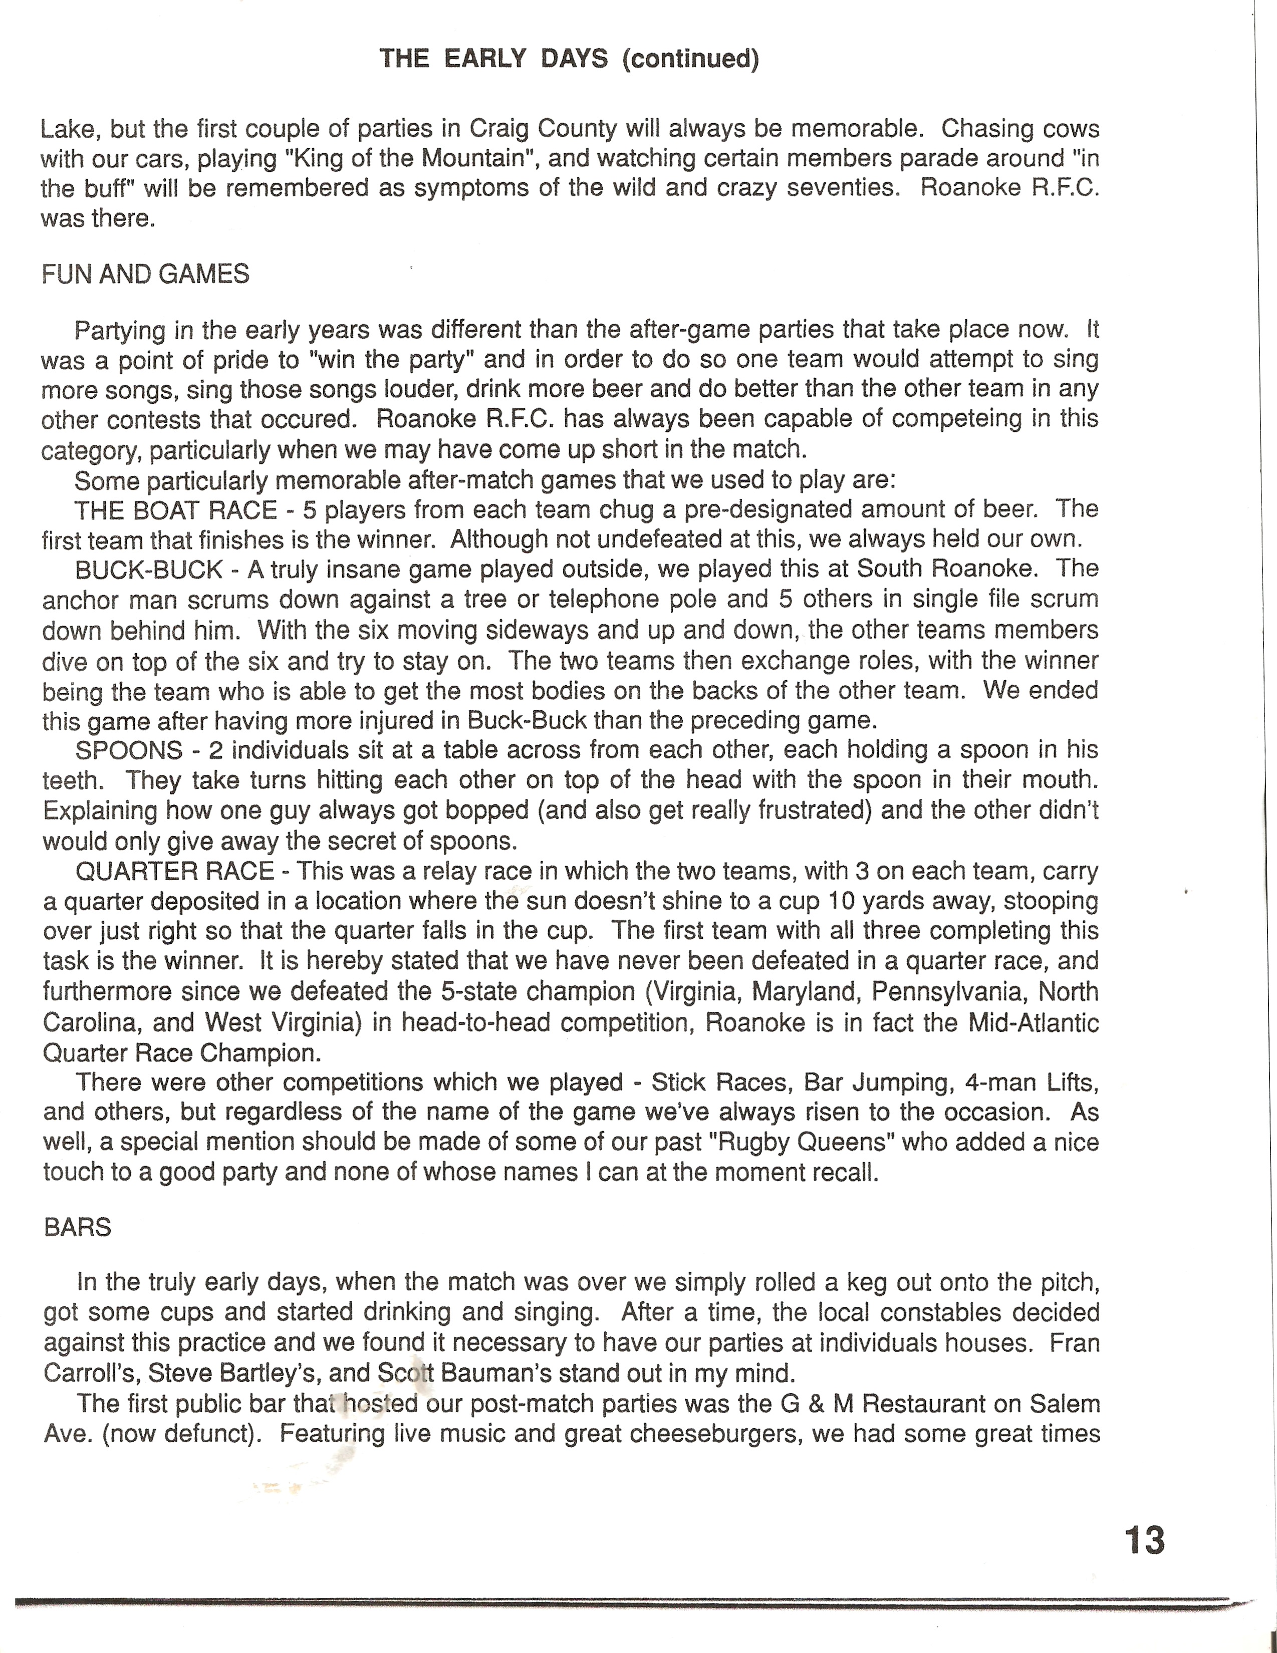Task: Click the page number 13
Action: click(1145, 1540)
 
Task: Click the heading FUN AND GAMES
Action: click(145, 274)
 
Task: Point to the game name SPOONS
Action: click(129, 750)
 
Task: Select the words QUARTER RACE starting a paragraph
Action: click(174, 871)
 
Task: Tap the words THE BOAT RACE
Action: click(176, 509)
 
